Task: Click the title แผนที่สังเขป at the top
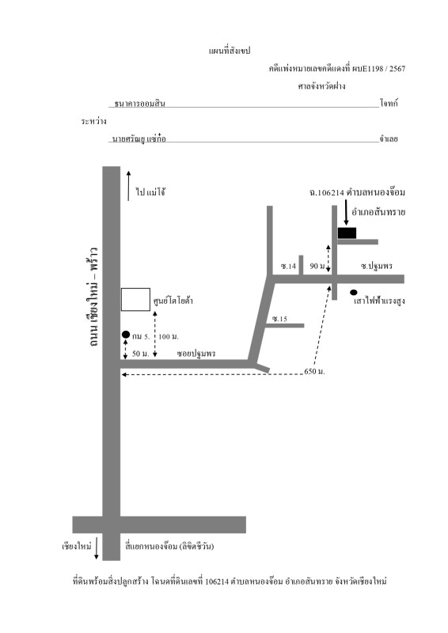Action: point(230,51)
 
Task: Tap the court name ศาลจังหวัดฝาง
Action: point(321,86)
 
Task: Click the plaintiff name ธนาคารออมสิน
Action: point(140,104)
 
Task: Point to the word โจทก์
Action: point(389,103)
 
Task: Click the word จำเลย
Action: point(389,139)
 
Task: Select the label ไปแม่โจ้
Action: point(150,191)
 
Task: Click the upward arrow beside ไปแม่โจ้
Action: point(128,186)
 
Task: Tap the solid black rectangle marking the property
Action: point(347,233)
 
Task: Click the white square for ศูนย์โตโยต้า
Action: point(135,300)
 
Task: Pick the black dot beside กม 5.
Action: point(126,334)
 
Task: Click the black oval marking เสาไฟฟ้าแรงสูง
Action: point(354,292)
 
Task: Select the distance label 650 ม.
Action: point(314,371)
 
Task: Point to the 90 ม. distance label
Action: point(317,266)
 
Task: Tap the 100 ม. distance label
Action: point(169,337)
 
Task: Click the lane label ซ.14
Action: point(288,266)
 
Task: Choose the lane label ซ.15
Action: point(279,319)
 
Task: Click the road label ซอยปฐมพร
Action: point(196,354)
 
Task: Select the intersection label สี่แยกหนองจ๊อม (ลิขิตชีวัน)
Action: point(169,547)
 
